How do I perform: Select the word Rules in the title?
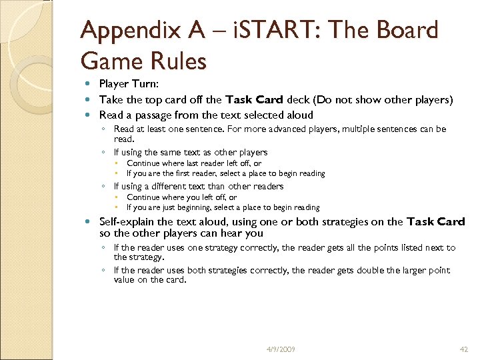(x=177, y=61)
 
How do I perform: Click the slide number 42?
(x=465, y=349)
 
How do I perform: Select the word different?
(x=169, y=186)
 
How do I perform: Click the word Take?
(x=109, y=99)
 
